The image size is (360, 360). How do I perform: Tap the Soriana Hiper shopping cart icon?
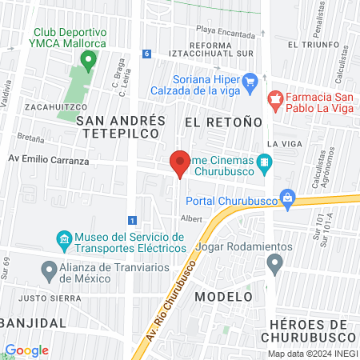point(250,81)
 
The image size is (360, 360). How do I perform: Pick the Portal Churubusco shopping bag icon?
point(289,199)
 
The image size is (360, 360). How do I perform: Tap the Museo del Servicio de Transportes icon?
point(63,238)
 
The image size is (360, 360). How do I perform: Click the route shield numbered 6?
point(146,54)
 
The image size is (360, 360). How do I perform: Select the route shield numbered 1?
point(131,219)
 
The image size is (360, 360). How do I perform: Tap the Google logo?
point(26,350)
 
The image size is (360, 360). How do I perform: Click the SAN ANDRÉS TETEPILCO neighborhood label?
point(121,128)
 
